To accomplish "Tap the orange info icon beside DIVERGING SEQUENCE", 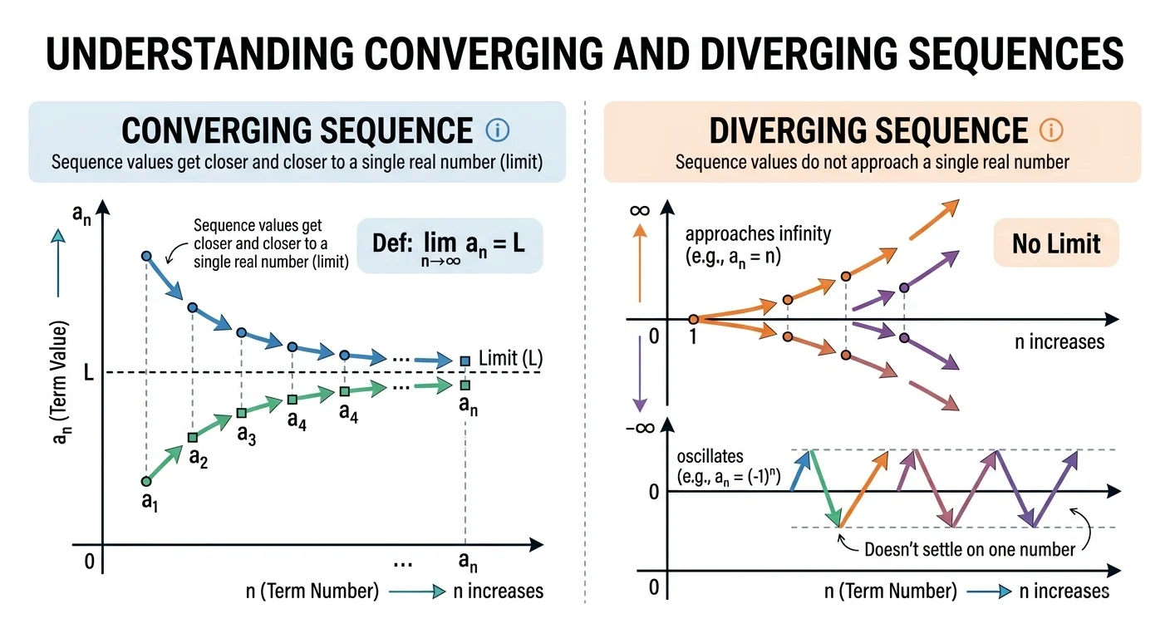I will click(x=1051, y=130).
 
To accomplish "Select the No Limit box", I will click(x=1055, y=243).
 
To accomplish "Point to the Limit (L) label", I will click(x=510, y=359).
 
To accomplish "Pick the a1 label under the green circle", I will click(x=150, y=502).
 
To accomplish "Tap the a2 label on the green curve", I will click(x=198, y=458).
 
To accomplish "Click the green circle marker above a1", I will click(x=147, y=481).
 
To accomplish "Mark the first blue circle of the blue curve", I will click(x=147, y=257).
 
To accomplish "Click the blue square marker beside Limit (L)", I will click(x=465, y=361).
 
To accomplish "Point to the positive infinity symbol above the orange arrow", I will click(x=640, y=209).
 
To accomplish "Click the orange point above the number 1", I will click(x=693, y=319).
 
